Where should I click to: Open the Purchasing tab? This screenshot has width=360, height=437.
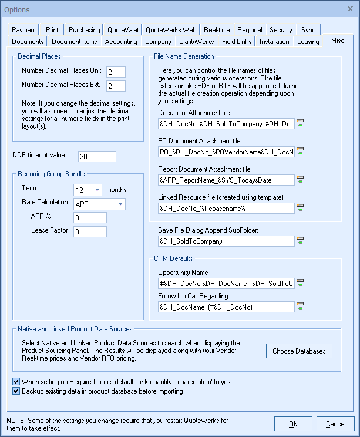coord(84,30)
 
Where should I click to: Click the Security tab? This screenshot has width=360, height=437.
coord(281,30)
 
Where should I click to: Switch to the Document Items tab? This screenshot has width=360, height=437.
coord(74,42)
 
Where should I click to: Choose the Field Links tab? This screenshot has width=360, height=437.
coord(237,42)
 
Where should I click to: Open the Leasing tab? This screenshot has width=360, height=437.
coord(307,42)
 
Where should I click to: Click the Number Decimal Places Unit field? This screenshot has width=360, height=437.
coord(116,71)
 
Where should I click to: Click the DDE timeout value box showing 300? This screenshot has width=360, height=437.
coord(97,156)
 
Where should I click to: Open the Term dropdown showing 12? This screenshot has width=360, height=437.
coord(88,190)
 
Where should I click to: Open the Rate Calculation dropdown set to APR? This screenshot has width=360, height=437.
coord(99,204)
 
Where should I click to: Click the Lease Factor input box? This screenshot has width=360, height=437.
coord(90,231)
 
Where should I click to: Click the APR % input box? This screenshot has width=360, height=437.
coord(90,218)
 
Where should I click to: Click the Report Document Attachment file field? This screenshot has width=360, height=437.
coord(226,180)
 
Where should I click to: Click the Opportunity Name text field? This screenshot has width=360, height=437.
coord(226,283)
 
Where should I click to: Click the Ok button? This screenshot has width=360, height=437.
coord(292,423)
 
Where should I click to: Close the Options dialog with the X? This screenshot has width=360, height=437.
coord(346,9)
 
